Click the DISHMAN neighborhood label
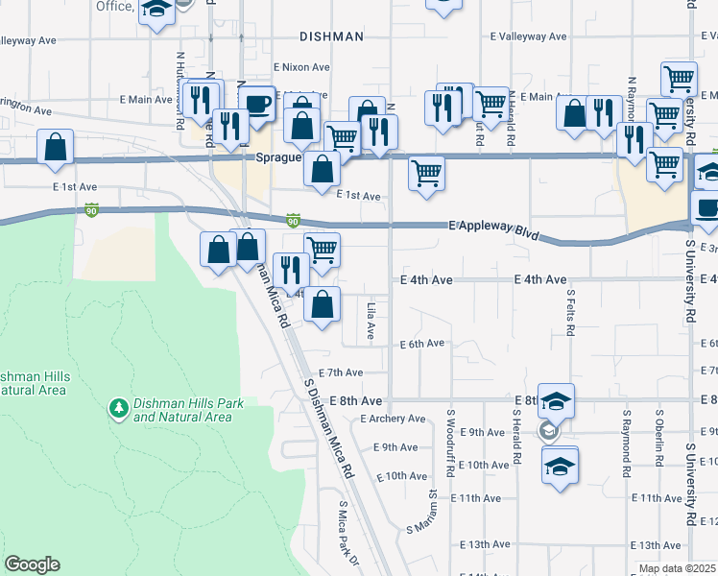click(x=331, y=36)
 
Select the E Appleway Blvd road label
click(x=494, y=228)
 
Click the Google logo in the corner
click(x=32, y=564)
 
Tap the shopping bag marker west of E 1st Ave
click(x=56, y=147)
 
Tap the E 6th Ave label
click(x=421, y=344)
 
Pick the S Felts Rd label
click(x=570, y=312)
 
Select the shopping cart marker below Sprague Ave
click(x=425, y=174)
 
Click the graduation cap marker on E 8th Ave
click(x=555, y=399)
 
